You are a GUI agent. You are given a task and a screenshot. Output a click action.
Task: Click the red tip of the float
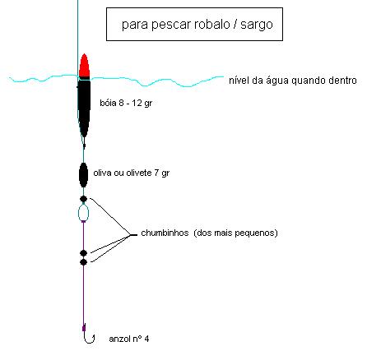pyautogui.click(x=84, y=65)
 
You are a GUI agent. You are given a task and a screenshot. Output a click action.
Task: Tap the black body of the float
pyautogui.click(x=84, y=107)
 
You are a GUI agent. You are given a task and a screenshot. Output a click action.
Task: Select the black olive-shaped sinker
pyautogui.click(x=83, y=175)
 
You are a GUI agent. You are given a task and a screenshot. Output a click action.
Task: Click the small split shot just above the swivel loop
pyautogui.click(x=83, y=199)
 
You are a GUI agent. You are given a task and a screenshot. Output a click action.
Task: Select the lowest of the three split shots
pyautogui.click(x=83, y=262)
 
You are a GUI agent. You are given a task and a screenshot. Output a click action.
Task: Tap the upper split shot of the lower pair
pyautogui.click(x=83, y=253)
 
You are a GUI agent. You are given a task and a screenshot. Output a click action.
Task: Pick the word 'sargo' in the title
pyautogui.click(x=257, y=25)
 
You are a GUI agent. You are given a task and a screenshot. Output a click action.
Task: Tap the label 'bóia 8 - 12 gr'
pyautogui.click(x=126, y=104)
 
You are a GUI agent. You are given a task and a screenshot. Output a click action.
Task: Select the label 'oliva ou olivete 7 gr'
pyautogui.click(x=132, y=173)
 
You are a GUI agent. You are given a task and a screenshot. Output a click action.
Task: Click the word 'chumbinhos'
pyautogui.click(x=165, y=233)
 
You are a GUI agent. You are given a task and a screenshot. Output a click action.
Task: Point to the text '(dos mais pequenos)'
pyautogui.click(x=235, y=233)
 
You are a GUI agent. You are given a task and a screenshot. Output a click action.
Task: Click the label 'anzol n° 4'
pyautogui.click(x=129, y=339)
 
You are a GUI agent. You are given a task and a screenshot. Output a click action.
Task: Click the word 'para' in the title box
pyautogui.click(x=135, y=25)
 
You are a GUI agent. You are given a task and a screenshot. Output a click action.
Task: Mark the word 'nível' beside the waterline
pyautogui.click(x=239, y=81)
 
